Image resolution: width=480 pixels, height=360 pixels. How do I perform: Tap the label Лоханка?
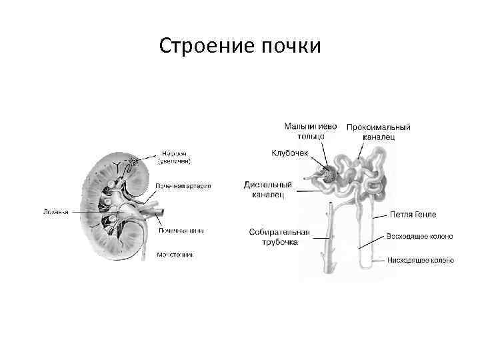pyautogui.click(x=56, y=212)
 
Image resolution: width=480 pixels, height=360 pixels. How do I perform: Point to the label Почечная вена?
pyautogui.click(x=180, y=231)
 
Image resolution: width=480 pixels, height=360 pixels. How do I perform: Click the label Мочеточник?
pyautogui.click(x=175, y=255)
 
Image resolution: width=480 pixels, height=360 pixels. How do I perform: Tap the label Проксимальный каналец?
pyautogui.click(x=378, y=131)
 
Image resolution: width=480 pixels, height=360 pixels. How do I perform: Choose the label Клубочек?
pyautogui.click(x=289, y=153)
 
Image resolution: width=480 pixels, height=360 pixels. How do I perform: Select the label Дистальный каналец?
pyautogui.click(x=268, y=189)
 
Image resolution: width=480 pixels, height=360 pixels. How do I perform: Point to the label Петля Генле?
pyautogui.click(x=413, y=215)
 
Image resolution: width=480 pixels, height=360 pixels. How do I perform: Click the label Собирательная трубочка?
pyautogui.click(x=279, y=237)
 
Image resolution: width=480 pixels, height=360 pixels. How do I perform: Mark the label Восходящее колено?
pyautogui.click(x=420, y=236)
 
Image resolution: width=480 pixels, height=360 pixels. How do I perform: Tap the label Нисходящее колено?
pyautogui.click(x=421, y=260)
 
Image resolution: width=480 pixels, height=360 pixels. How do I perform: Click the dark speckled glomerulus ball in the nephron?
pyautogui.click(x=329, y=175)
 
